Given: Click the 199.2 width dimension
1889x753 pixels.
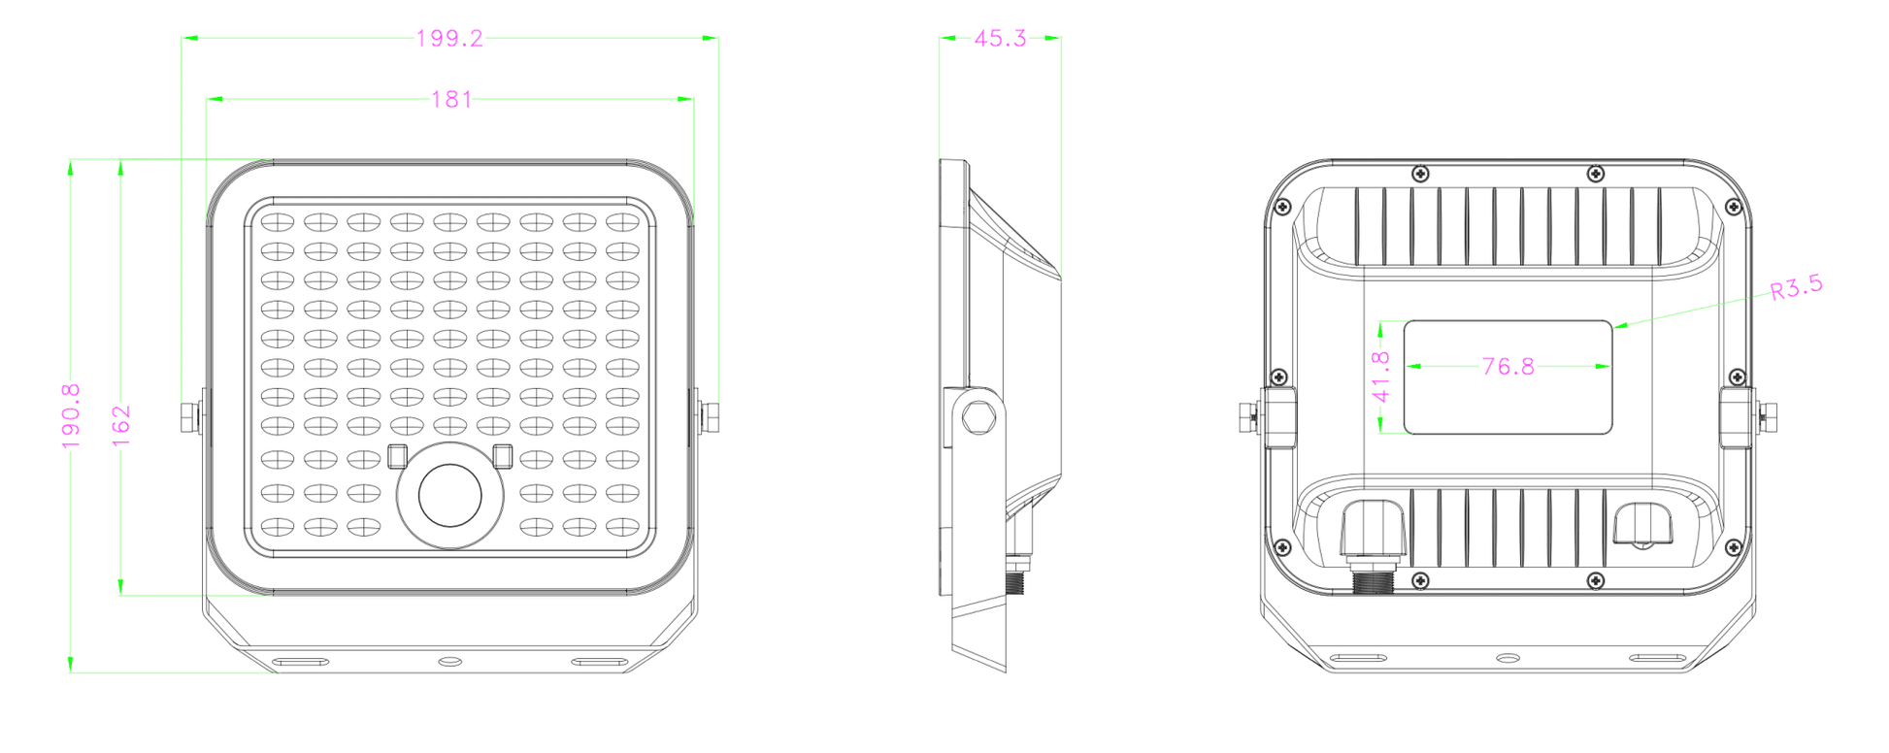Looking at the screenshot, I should coord(449,39).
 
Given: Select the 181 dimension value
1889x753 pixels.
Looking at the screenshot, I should coord(451,100).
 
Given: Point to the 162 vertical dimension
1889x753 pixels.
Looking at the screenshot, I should coord(121,426).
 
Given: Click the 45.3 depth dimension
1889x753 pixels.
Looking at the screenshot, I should coord(1000,39).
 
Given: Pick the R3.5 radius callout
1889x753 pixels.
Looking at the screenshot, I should coord(1796,288).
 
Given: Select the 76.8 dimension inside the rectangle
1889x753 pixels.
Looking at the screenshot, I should coord(1508,367).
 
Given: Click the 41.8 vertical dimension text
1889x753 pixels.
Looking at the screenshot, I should coord(1381,376).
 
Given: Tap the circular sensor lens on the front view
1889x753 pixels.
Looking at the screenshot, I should coord(449,495).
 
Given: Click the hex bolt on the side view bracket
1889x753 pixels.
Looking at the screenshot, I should coord(978,417).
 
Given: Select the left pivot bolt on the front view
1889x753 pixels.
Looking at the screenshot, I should coord(189,416).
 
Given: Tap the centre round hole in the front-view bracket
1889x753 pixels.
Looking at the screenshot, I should coord(449,661).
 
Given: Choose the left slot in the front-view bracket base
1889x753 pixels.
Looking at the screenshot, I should coord(300,662).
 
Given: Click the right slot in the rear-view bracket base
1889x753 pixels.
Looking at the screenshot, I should coord(1656,659).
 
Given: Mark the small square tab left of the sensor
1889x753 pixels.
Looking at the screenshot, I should coord(397,456).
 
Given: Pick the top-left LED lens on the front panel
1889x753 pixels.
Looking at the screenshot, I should coord(278,222).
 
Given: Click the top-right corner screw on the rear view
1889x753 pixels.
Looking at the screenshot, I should coord(1733,207).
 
